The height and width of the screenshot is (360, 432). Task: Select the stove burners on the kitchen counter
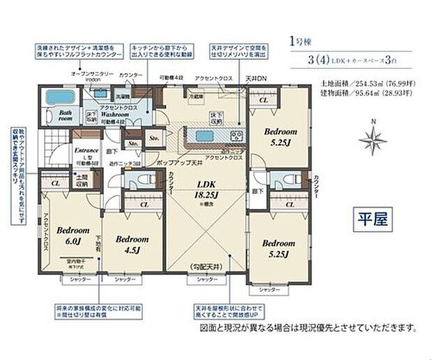click(x=235, y=134)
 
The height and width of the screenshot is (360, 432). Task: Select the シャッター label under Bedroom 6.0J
click(x=75, y=279)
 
